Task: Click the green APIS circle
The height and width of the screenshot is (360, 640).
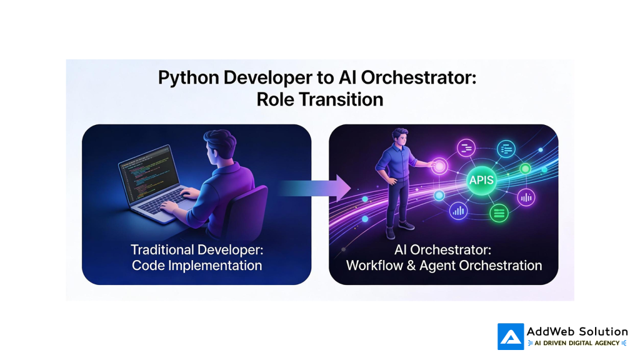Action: [481, 181]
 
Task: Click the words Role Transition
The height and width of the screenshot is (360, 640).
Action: [319, 99]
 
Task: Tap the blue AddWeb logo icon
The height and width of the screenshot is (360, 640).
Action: [510, 336]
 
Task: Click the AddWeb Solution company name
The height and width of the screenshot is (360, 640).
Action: [576, 331]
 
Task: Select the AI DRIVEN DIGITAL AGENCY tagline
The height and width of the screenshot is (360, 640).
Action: [577, 343]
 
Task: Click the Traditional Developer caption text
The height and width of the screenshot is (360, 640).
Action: [196, 249]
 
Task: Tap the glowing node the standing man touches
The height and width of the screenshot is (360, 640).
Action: [440, 166]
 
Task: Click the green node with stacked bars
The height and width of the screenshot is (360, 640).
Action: [499, 213]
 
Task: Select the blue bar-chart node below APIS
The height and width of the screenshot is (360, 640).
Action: [459, 211]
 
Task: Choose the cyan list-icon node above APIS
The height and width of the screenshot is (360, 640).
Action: [506, 149]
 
